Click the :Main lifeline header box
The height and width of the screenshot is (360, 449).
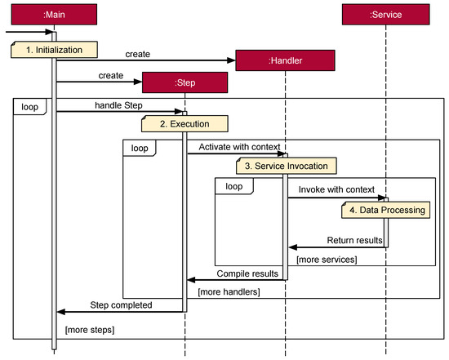coord(55,14)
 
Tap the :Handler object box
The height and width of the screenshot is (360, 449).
coord(284,60)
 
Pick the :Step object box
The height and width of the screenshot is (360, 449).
coord(184,83)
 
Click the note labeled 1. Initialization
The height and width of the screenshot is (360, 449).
coord(53,49)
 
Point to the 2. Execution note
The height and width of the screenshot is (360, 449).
coord(184,123)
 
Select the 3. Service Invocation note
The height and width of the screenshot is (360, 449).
coord(285,166)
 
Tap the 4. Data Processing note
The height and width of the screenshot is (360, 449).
coord(385,210)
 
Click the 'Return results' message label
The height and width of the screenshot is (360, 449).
coord(354,240)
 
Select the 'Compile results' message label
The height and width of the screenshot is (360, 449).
coord(247,272)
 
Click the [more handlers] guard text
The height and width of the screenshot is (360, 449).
coord(228,291)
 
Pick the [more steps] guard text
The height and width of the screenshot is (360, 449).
coord(90,329)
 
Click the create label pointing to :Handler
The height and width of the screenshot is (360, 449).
coord(138,53)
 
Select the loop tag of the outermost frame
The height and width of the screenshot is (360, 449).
coord(30,106)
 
